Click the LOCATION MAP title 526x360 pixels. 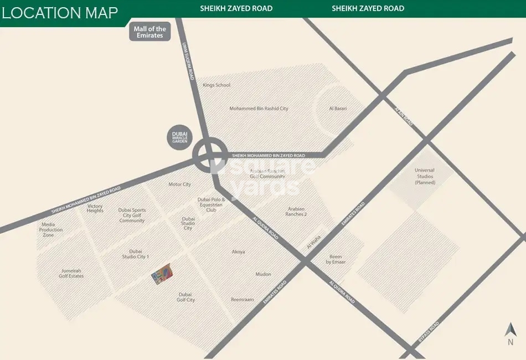click(x=60, y=13)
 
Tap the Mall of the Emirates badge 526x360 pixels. click(x=149, y=32)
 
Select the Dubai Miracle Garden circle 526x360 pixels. click(x=181, y=137)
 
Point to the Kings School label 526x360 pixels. click(x=216, y=85)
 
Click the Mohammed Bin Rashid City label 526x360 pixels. click(x=259, y=109)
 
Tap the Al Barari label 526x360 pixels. click(x=338, y=109)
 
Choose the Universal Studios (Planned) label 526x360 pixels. click(x=425, y=177)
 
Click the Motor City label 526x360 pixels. click(x=179, y=184)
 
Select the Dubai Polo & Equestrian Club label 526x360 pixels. click(x=210, y=205)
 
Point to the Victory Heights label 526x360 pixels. click(x=95, y=209)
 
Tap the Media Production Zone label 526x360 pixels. click(x=51, y=230)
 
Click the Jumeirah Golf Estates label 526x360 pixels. click(x=72, y=273)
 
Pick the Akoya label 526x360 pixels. click(x=238, y=252)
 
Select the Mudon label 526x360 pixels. click(x=263, y=274)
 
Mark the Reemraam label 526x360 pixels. click(x=243, y=300)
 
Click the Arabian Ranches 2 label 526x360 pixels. click(x=296, y=212)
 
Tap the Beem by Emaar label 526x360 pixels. click(x=336, y=259)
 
